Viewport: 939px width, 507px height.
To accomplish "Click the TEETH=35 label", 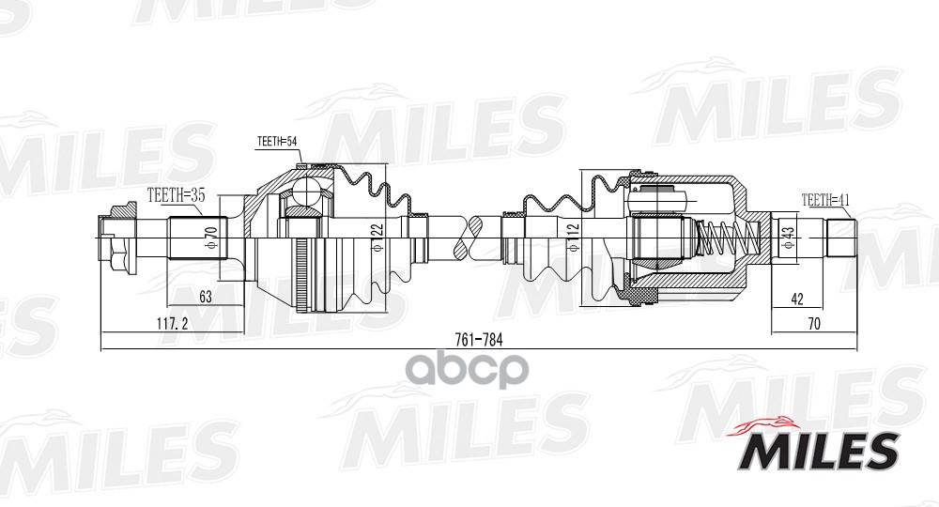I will pos(176,196).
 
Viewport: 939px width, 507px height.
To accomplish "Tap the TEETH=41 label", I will pos(825,199).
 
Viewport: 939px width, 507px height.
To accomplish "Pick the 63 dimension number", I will pos(206,297).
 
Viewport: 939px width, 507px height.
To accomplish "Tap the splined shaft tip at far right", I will pos(841,235).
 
